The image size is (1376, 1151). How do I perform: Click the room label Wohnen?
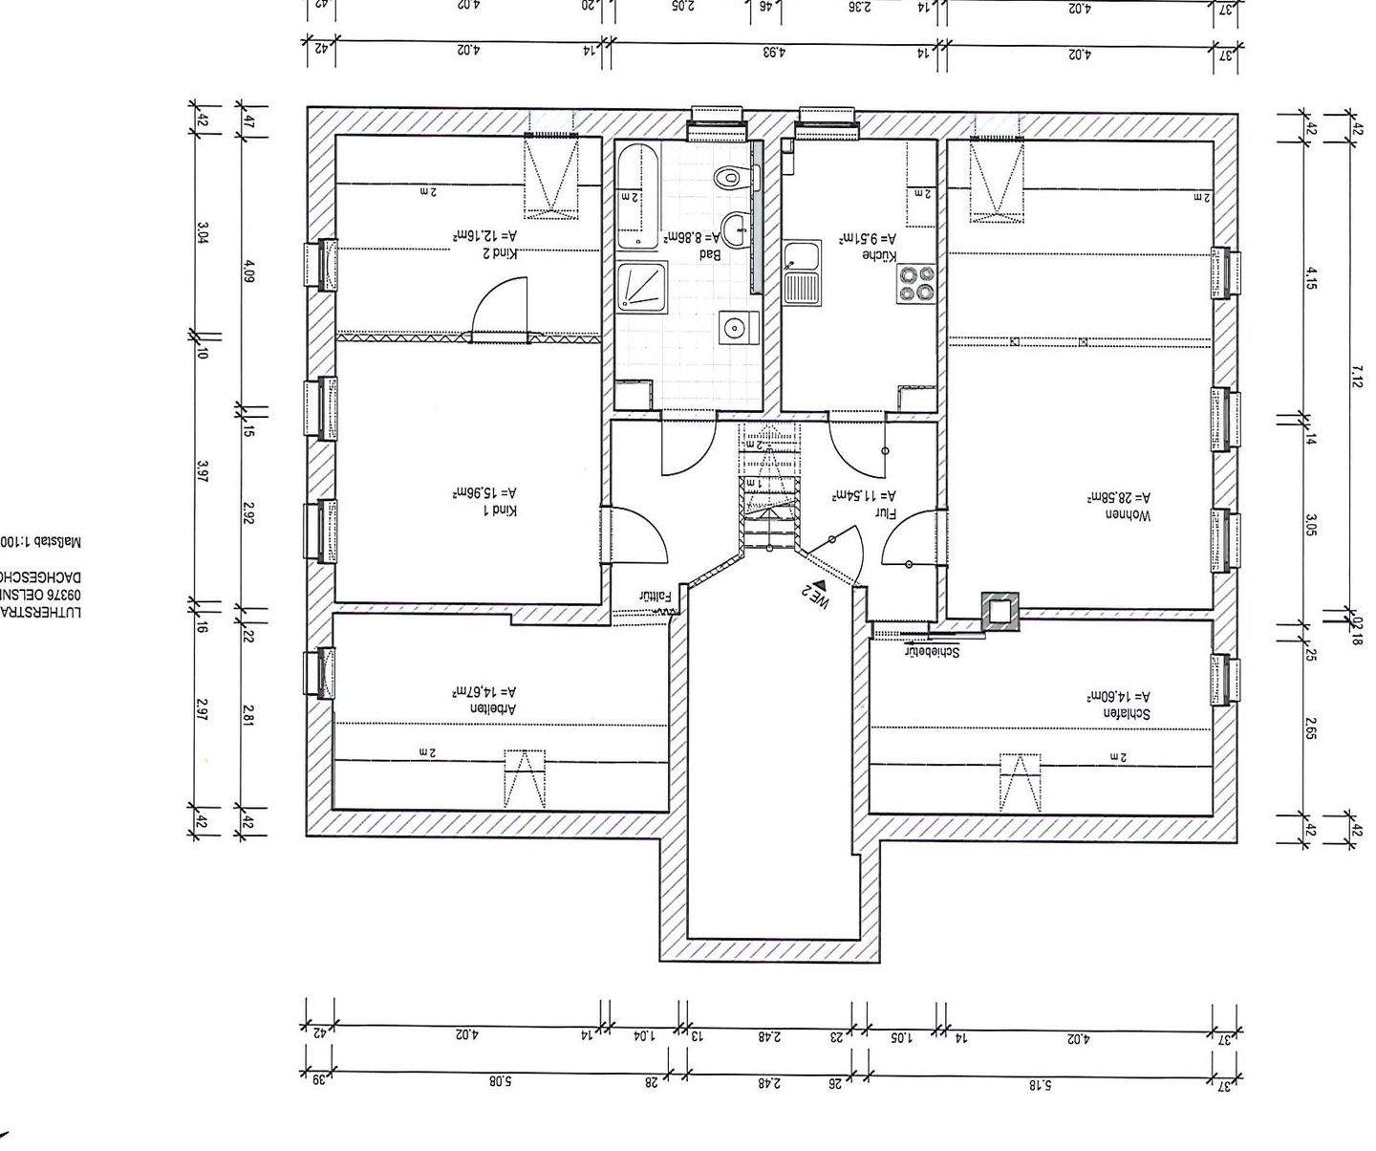click(x=1129, y=516)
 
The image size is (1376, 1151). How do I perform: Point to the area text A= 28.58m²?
click(x=1119, y=498)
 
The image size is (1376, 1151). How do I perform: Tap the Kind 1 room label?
click(x=499, y=511)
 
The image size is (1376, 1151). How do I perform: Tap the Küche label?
click(x=879, y=255)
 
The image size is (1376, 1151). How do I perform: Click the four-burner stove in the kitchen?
click(x=915, y=284)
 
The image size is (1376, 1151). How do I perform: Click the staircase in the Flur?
click(x=769, y=488)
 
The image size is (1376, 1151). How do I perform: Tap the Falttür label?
click(x=656, y=596)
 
